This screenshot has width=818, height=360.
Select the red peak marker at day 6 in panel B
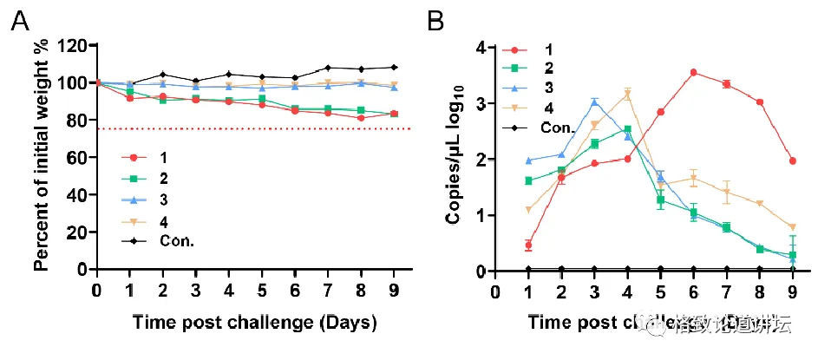[x=693, y=73]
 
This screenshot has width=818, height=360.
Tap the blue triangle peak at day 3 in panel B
[x=594, y=101]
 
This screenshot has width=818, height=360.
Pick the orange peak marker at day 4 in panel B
[x=627, y=94]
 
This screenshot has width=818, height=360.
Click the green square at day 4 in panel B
[x=627, y=130]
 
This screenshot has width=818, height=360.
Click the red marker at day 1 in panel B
[x=528, y=245]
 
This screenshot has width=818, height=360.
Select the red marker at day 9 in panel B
[x=792, y=160]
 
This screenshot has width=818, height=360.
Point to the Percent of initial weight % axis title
[x=40, y=156]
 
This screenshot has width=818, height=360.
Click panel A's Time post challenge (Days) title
[x=254, y=324]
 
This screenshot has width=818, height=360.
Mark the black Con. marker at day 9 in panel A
[x=394, y=67]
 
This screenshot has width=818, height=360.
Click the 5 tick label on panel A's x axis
[x=262, y=289]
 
